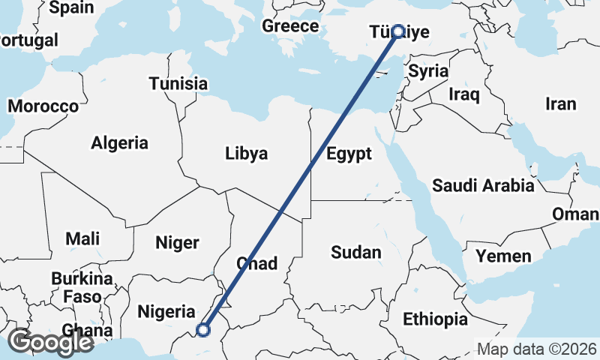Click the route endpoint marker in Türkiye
pos(398,31)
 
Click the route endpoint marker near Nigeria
pos(202,328)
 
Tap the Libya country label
pos(246,154)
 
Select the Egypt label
pos(349,154)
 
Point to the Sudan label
pos(356,253)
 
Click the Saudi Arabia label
pos(483,185)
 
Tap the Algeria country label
pos(120,142)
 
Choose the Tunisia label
pos(178,83)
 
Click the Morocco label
pos(43,106)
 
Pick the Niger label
pos(177,242)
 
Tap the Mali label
pos(82,238)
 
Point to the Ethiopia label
pos(435,319)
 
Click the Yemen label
pos(503,256)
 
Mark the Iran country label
pos(560,104)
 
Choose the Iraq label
pos(463,94)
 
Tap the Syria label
pos(428,72)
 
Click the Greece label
pos(290,26)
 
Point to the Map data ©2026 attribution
pos(536,349)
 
